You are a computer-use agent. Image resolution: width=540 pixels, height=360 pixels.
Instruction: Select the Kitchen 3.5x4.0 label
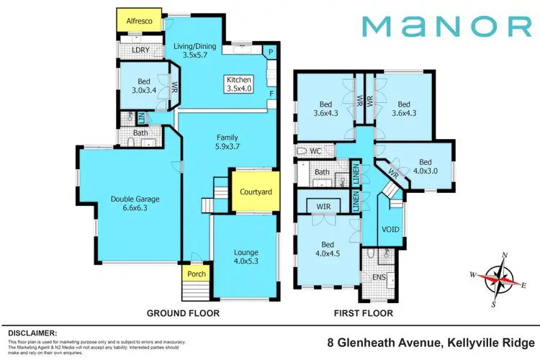[240, 84]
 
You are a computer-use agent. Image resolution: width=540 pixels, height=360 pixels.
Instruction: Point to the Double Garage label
[135, 204]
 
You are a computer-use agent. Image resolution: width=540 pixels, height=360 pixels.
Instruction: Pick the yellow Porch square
[197, 273]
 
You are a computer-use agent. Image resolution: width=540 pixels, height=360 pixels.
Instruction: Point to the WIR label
[324, 206]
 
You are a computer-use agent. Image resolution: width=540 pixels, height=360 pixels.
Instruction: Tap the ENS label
[379, 277]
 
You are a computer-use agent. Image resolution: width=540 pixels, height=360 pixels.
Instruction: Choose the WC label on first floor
[315, 151]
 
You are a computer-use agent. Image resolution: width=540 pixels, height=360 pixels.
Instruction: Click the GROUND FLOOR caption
[183, 313]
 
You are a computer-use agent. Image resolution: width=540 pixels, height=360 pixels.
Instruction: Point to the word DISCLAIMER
[32, 333]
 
